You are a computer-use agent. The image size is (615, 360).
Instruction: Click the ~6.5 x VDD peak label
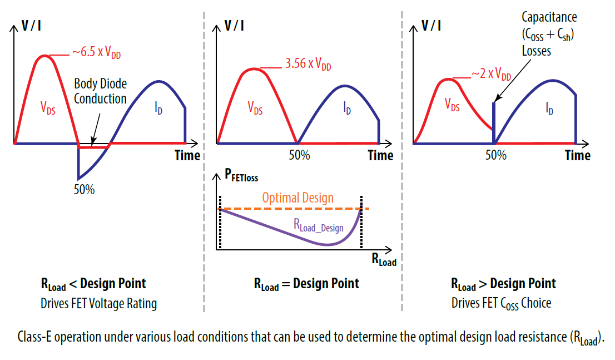point(96,53)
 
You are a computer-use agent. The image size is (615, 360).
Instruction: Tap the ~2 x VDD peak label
point(490,75)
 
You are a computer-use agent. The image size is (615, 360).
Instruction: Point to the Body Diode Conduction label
point(100,91)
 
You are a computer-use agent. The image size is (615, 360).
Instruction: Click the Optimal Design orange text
point(297,198)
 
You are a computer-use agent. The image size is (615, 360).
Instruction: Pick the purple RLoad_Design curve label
point(318,225)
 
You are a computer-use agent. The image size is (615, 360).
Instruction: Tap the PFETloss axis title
point(241,177)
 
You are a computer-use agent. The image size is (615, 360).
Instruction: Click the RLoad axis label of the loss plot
point(384,259)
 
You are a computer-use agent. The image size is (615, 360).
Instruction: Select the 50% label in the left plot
point(84,189)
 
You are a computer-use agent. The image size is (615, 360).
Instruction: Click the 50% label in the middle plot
point(299,155)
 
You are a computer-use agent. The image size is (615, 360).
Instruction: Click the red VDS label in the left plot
point(48,107)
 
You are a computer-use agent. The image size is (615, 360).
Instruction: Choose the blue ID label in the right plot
point(549,110)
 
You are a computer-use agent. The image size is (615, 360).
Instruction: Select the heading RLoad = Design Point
point(306,284)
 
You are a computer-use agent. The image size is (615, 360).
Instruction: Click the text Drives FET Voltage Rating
point(98,303)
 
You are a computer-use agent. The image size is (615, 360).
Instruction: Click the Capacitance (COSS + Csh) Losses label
point(548,34)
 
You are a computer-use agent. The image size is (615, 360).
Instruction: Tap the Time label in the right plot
point(577,155)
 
